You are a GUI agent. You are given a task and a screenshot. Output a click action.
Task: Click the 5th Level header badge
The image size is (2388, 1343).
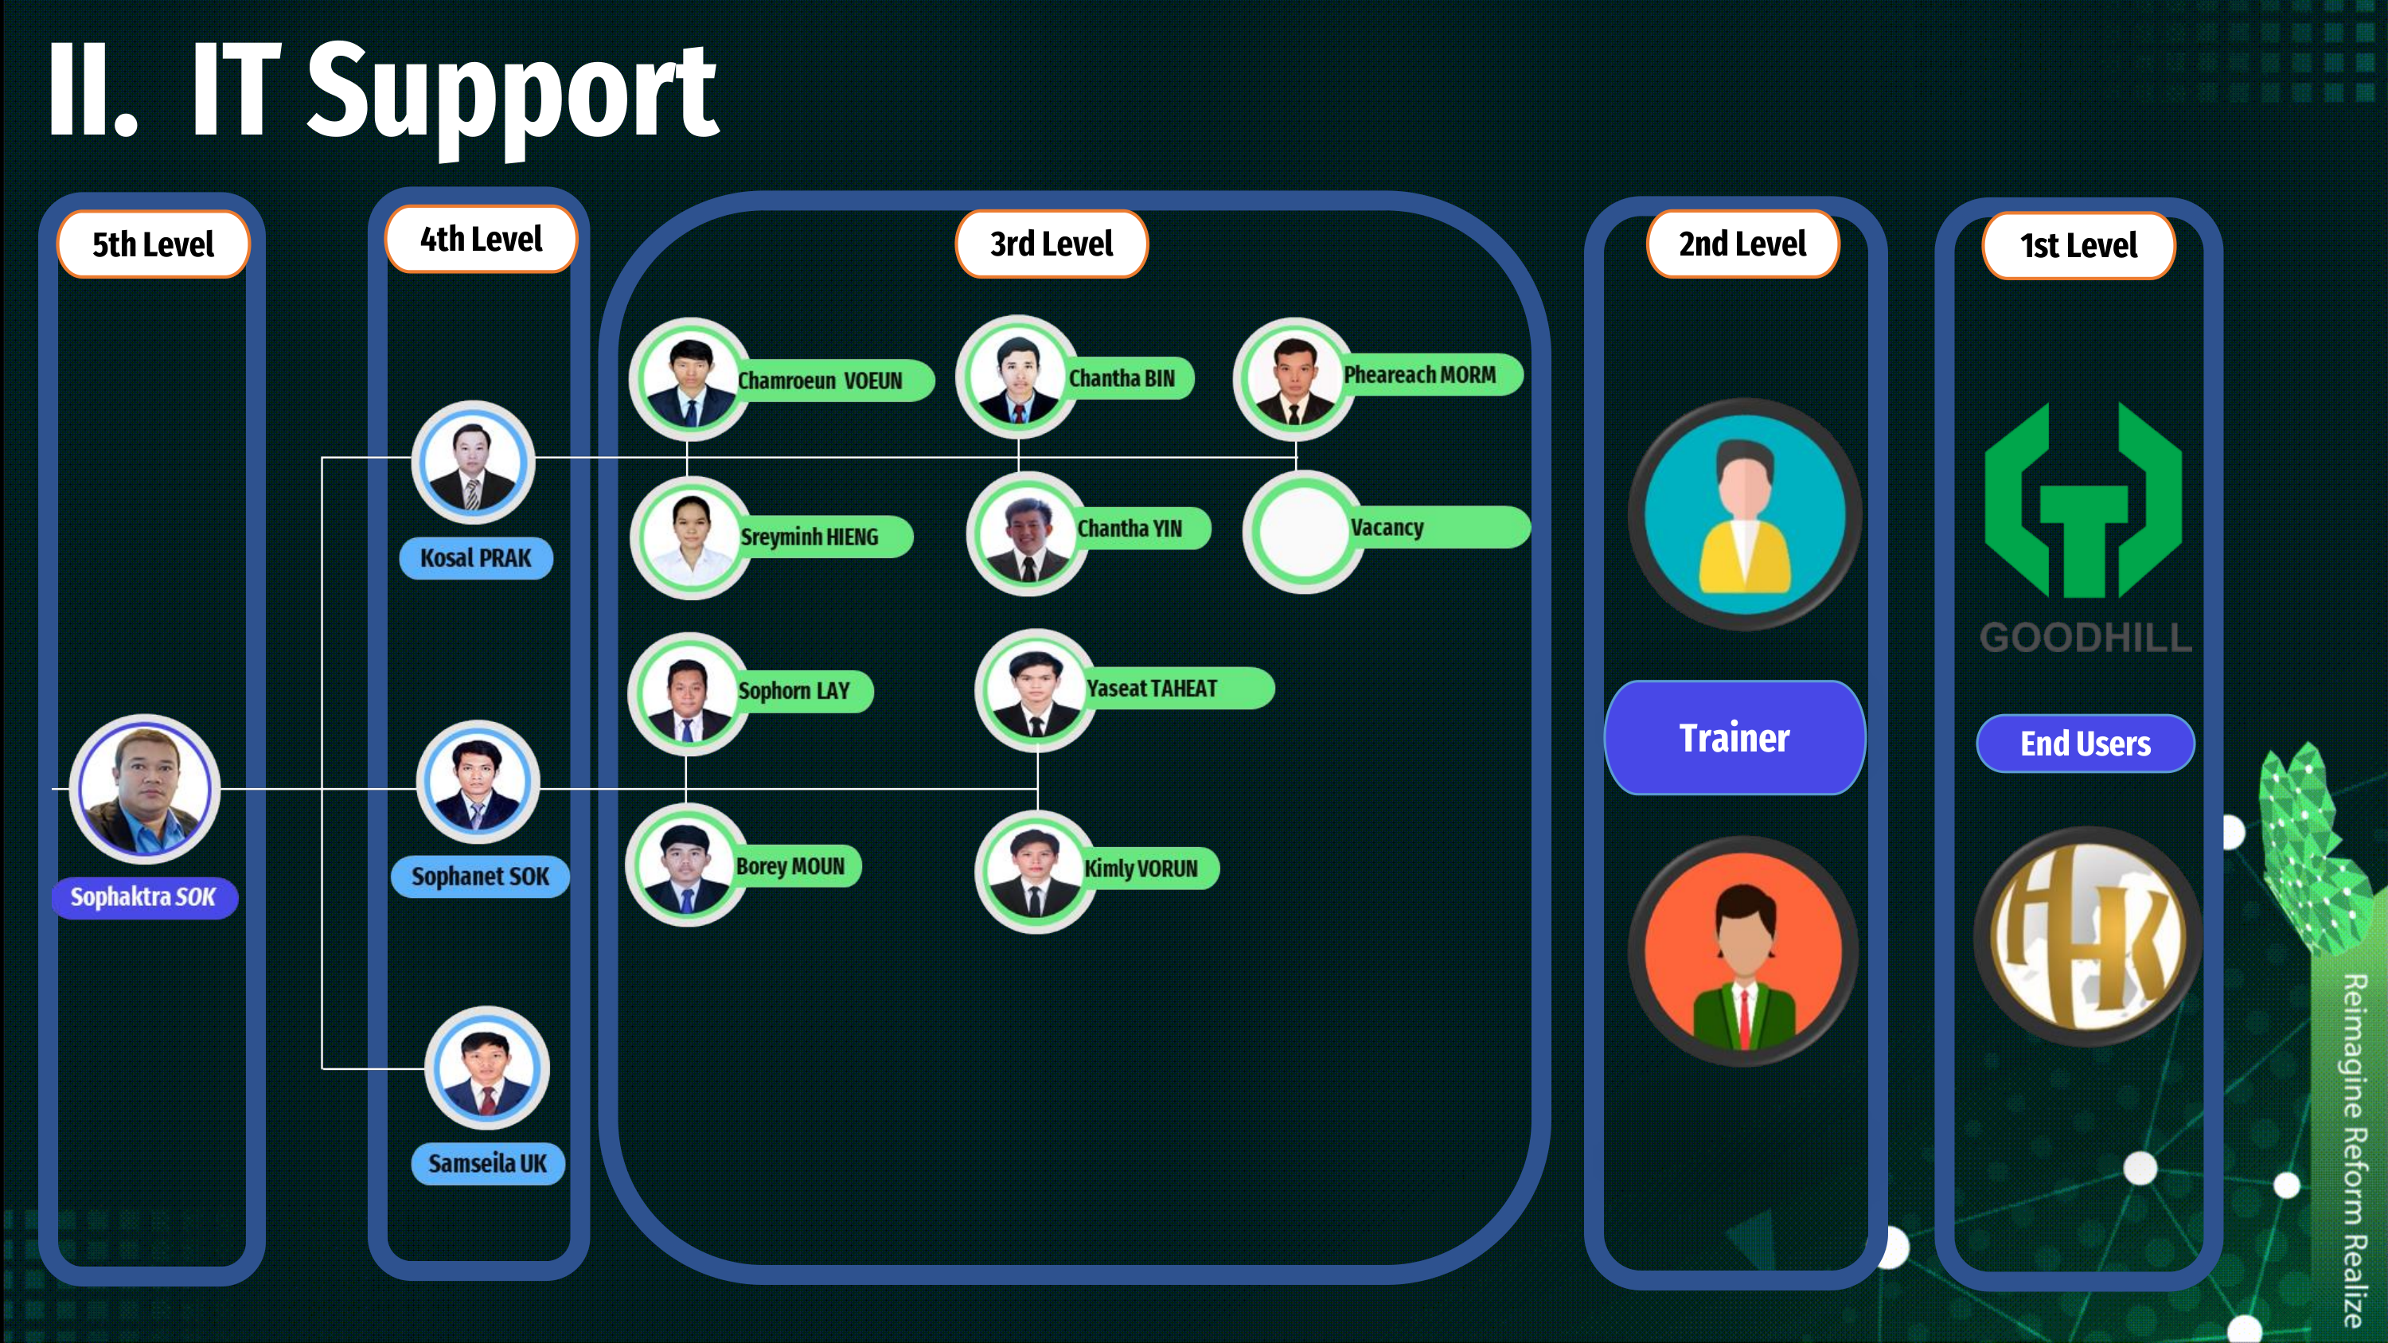pos(153,244)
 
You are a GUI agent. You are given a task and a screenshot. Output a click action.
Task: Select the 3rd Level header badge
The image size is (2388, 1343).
pos(1052,244)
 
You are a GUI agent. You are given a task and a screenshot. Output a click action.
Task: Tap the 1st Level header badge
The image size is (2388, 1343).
pos(2078,246)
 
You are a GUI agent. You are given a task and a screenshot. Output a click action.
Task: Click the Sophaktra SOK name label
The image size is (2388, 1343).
pos(144,897)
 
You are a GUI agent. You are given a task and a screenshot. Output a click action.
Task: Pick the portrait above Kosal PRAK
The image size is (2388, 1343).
pos(473,462)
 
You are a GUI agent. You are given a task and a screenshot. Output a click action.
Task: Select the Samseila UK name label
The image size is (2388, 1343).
pos(488,1163)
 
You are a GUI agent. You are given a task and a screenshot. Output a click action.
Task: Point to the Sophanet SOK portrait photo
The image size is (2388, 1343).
pos(478,781)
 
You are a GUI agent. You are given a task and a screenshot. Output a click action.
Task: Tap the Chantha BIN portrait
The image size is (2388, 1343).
pos(1017,376)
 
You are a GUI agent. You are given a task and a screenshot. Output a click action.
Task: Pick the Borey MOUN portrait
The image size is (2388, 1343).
pos(686,865)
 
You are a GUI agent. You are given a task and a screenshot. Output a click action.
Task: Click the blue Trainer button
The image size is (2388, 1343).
pos(1734,738)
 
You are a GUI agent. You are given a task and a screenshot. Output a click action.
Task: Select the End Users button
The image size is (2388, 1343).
pos(2085,744)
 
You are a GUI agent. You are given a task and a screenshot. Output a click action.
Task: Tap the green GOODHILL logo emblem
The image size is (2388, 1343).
pos(2083,501)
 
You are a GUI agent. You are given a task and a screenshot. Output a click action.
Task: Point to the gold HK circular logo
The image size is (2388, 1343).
pos(2088,936)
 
